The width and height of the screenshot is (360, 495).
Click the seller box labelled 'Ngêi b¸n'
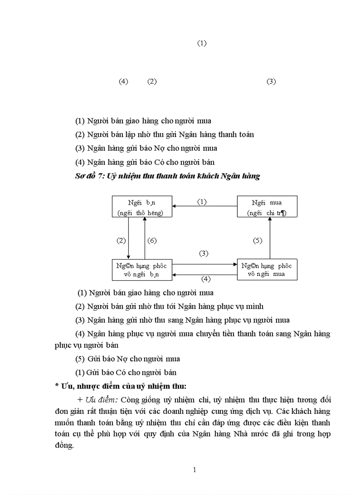tap(142, 207)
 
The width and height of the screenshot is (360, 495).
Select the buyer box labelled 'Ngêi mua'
tap(267, 207)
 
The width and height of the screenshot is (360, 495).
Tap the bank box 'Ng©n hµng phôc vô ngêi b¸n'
tap(142, 270)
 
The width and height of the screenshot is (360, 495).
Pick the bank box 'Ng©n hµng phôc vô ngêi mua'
tap(267, 270)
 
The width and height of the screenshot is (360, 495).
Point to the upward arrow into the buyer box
tap(270, 238)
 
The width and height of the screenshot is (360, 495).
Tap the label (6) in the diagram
tap(152, 241)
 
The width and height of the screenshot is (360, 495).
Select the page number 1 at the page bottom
tap(194, 470)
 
